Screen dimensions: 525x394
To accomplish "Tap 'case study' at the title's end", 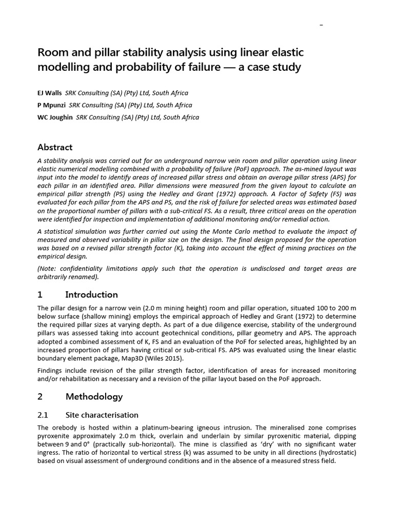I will [276, 67].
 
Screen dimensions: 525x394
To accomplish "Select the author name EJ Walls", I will [50, 93].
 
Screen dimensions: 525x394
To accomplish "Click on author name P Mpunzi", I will [52, 105].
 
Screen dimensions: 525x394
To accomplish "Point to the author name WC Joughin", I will [55, 117].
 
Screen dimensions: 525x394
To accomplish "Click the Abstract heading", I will [55, 147].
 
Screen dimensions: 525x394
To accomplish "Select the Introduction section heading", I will [91, 294].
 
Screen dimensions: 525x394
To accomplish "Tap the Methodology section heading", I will [94, 396].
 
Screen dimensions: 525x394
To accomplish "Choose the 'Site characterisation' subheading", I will [102, 415].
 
